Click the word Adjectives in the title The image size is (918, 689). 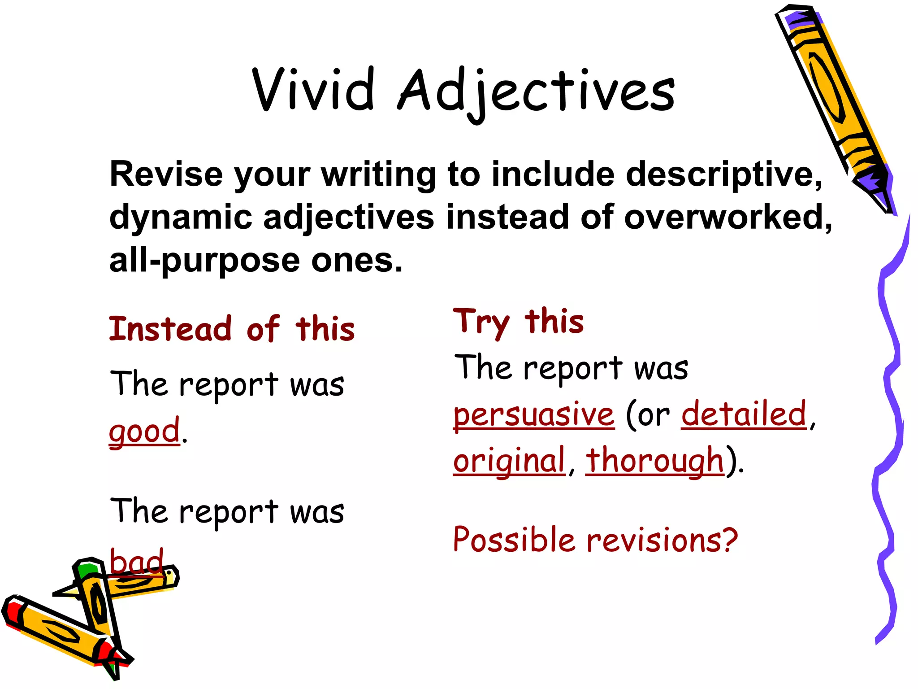[536, 92]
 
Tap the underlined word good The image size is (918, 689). [144, 431]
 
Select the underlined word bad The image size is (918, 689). [137, 562]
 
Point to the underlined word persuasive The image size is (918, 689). [534, 414]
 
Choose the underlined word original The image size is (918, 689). [509, 461]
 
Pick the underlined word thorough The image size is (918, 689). [655, 461]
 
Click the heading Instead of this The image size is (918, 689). [232, 329]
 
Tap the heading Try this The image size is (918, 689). [519, 322]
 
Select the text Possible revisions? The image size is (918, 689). [595, 540]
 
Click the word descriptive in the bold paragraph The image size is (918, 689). [723, 175]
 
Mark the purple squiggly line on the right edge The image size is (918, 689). [890, 426]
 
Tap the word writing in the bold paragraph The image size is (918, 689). [378, 175]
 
